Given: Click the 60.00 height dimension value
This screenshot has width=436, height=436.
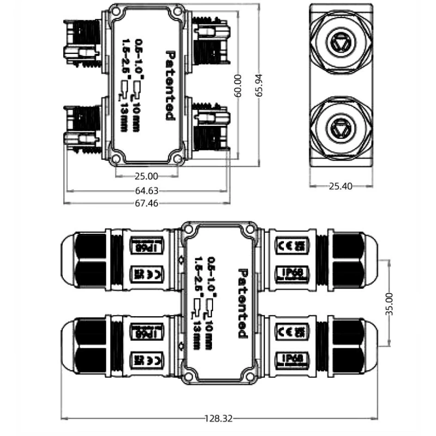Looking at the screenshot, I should pyautogui.click(x=237, y=85).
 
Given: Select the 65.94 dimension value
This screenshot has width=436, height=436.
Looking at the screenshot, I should pyautogui.click(x=260, y=85).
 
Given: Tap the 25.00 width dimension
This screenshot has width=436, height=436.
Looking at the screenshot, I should pyautogui.click(x=146, y=176).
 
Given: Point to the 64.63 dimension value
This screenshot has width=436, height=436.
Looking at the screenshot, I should pyautogui.click(x=146, y=191).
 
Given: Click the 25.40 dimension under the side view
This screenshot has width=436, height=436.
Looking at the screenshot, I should pyautogui.click(x=341, y=186).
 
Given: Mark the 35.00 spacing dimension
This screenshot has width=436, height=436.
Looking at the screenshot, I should pyautogui.click(x=389, y=303).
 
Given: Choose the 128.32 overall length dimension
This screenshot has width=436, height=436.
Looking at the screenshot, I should pyautogui.click(x=219, y=419).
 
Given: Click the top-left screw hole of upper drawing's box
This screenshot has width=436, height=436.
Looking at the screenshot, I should pyautogui.click(x=116, y=12).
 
